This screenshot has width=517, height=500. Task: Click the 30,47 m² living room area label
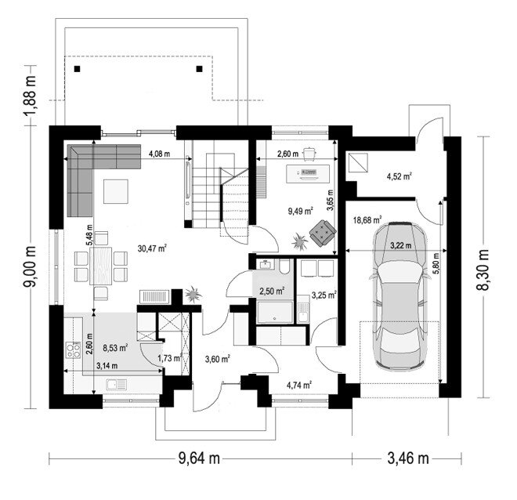point(152,248)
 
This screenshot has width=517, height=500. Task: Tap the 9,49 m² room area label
point(300,211)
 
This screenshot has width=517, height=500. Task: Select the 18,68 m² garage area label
point(367,219)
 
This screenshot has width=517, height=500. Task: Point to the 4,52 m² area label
point(399,176)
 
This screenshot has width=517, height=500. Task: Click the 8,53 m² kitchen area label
point(115,348)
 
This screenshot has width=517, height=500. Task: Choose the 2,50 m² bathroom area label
point(272,292)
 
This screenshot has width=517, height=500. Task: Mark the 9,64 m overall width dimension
point(199,458)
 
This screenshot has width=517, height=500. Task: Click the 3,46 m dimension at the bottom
point(408,458)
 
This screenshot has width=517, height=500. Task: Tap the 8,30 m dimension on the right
point(483,270)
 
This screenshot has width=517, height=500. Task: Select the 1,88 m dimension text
point(30,96)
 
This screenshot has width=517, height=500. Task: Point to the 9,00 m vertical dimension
point(30,266)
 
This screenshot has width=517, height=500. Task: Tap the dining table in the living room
point(100,266)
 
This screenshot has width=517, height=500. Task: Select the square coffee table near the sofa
point(116,191)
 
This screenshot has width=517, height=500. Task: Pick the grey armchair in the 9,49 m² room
point(323,234)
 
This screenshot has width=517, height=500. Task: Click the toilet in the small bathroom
point(284,266)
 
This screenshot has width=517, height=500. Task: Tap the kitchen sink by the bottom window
point(117,385)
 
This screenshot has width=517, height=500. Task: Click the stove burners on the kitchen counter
point(73,350)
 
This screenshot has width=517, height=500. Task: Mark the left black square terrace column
point(77,69)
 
